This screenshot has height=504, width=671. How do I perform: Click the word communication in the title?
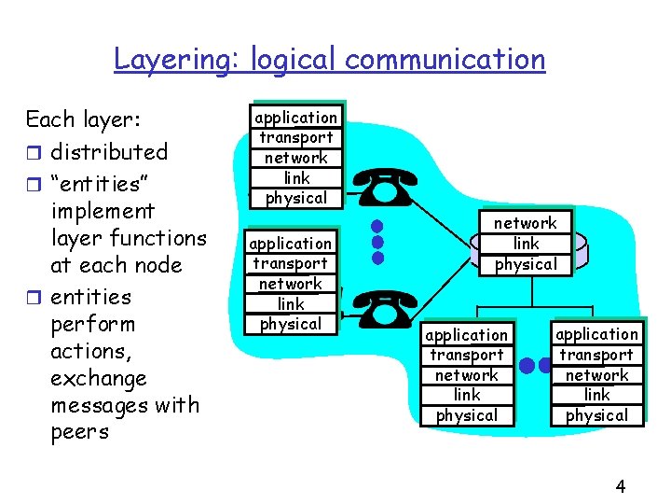(445, 60)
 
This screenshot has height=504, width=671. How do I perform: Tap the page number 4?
(621, 485)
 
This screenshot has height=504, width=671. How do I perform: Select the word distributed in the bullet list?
(109, 151)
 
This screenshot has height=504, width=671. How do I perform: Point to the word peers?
(80, 432)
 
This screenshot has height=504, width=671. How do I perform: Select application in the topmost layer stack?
(296, 118)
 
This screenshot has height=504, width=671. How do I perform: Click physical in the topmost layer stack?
(296, 198)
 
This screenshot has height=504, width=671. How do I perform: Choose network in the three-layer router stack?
(525, 223)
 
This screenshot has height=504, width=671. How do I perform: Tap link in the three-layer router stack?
(526, 244)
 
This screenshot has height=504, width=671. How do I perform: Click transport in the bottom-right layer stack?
(596, 355)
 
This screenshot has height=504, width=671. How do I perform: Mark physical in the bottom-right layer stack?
(596, 415)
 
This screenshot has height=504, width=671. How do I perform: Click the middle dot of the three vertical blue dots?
(377, 241)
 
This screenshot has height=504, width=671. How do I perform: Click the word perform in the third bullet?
(92, 324)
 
